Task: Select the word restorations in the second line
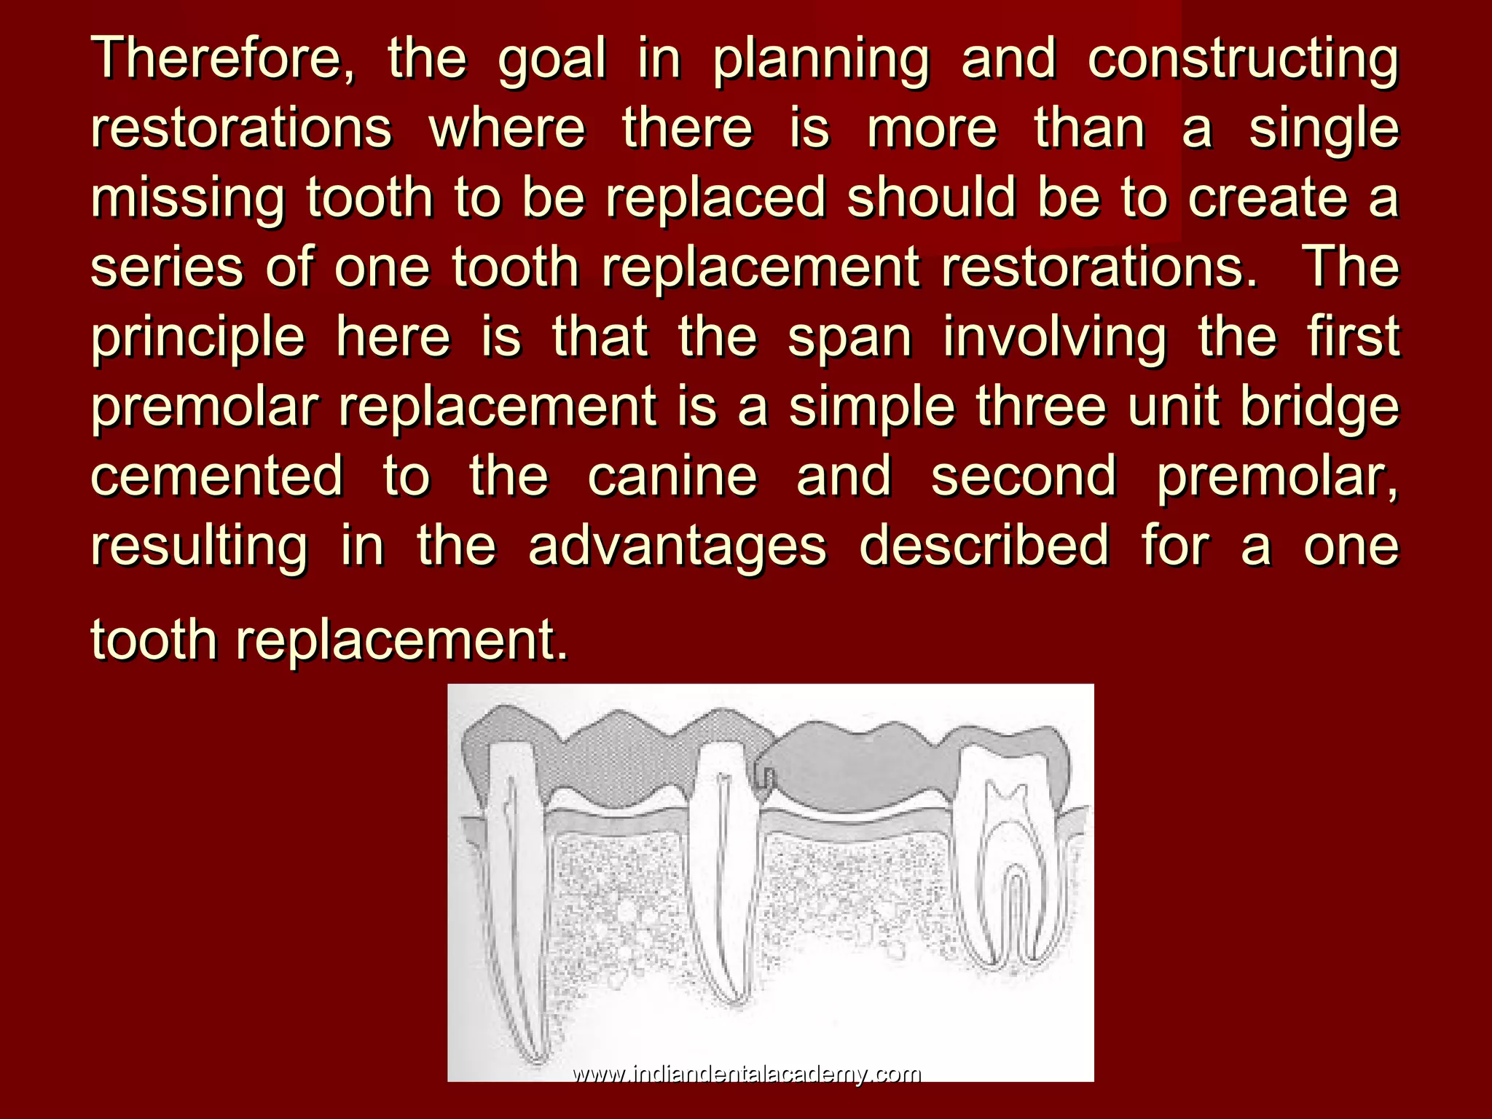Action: click(x=241, y=128)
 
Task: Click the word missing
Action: click(x=188, y=198)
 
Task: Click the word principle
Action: click(x=198, y=338)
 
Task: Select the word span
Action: click(x=849, y=338)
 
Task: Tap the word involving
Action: click(x=1055, y=338)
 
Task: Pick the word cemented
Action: click(x=217, y=475)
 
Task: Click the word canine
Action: click(x=672, y=475)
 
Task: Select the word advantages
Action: click(x=678, y=546)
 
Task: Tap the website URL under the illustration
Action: click(x=746, y=1074)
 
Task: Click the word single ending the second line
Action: click(x=1324, y=130)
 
